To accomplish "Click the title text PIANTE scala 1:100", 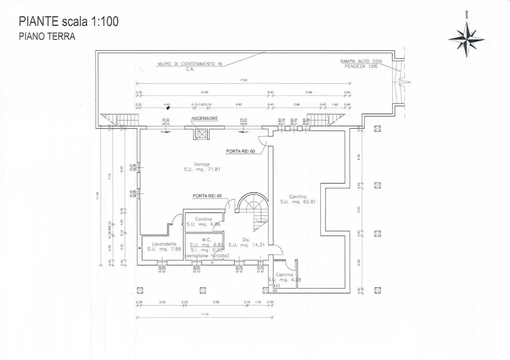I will point(69,21).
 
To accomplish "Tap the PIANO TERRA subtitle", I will point(47,36).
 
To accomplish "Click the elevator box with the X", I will point(202,133).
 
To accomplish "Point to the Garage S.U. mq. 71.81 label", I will point(202,167).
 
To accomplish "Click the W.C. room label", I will point(206,239).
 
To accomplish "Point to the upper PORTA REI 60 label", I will point(241,150).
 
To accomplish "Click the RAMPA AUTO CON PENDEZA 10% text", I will point(361,63).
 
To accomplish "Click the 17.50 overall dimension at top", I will point(244,80).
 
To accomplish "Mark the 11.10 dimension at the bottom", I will point(205,314).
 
